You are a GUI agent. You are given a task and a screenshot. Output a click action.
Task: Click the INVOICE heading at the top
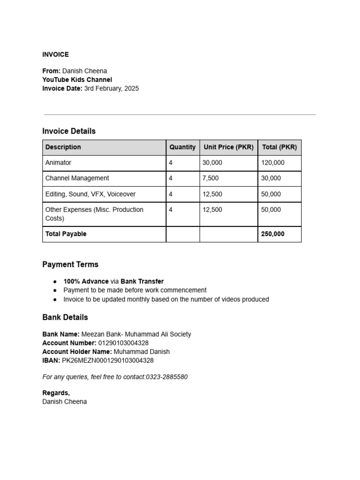[55, 54]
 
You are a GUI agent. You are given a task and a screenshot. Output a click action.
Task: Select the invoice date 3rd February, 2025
[111, 88]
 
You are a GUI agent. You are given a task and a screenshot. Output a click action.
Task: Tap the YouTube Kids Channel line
[77, 80]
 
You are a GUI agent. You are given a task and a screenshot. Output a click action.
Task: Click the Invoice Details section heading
[69, 131]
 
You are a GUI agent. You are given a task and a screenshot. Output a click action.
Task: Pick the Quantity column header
[182, 147]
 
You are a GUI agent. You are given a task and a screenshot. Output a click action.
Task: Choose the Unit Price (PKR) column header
[228, 147]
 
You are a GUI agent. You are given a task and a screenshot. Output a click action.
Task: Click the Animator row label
[58, 163]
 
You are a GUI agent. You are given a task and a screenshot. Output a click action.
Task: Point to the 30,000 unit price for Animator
[212, 163]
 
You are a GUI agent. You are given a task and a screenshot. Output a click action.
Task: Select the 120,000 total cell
[273, 163]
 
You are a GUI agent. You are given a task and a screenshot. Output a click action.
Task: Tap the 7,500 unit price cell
[210, 178]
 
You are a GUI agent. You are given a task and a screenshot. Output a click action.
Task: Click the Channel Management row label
[77, 178]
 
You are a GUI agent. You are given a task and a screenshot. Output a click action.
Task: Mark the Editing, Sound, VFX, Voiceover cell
[90, 194]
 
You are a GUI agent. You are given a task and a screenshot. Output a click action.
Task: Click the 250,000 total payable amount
[273, 234]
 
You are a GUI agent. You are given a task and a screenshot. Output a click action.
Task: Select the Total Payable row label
[66, 234]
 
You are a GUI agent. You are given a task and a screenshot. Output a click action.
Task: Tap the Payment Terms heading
[70, 264]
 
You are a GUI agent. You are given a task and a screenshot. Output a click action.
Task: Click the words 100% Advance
[86, 281]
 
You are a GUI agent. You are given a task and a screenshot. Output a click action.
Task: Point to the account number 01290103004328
[123, 343]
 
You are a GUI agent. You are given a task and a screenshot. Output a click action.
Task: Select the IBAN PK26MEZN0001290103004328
[108, 360]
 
